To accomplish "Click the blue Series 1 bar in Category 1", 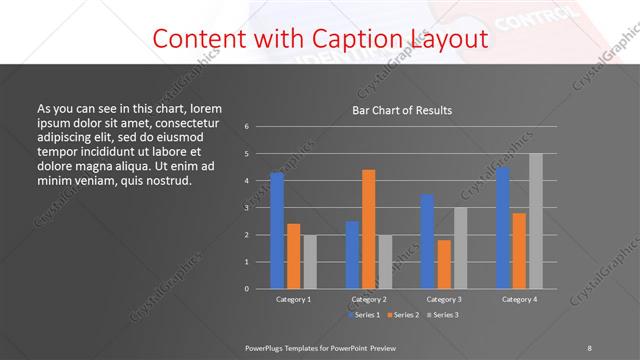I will [x=277, y=230].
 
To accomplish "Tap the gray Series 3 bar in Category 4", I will [x=536, y=221].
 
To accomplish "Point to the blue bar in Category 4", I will [x=503, y=227].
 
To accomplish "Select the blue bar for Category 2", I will [x=352, y=254].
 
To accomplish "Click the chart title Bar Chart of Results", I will [x=402, y=110].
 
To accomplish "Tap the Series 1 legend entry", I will [x=365, y=315].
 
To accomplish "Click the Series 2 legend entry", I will [x=403, y=315].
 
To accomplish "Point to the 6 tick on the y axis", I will [x=247, y=127].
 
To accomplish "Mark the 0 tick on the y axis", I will [x=247, y=288].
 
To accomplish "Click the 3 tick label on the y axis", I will [x=247, y=208].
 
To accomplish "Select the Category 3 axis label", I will [x=444, y=299].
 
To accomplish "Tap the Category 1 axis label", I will [x=293, y=299].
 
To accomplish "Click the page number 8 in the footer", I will [x=589, y=347].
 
